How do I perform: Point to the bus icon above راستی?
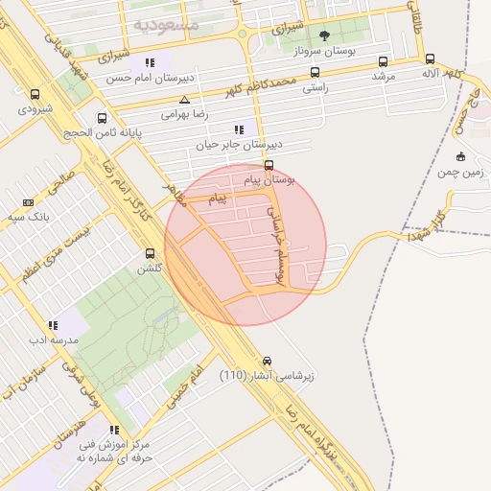(x=315, y=72)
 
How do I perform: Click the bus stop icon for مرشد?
(x=384, y=60)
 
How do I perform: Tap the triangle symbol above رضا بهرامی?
(x=184, y=100)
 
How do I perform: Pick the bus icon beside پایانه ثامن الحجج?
(x=103, y=119)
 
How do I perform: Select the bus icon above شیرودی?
(x=35, y=95)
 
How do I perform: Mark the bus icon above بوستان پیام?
(x=269, y=165)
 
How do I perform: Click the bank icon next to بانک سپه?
(x=28, y=202)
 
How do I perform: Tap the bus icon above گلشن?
(x=149, y=253)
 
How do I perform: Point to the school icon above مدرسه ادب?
(x=53, y=325)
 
